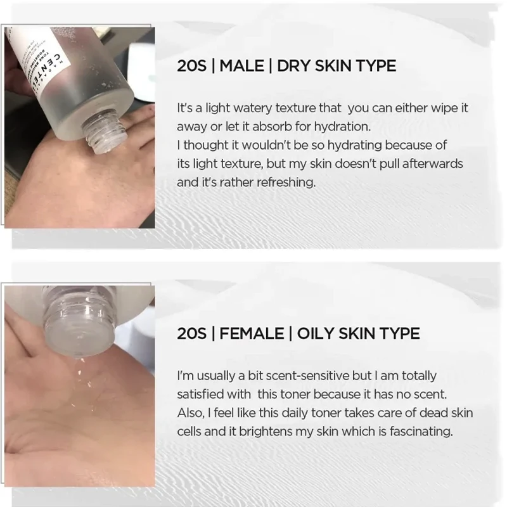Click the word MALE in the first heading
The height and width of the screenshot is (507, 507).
241,66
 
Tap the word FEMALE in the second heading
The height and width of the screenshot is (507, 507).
252,333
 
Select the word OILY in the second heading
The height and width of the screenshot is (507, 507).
315,333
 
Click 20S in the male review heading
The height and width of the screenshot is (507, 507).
191,66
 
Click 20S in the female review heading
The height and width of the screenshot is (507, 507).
191,333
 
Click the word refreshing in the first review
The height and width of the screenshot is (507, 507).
286,183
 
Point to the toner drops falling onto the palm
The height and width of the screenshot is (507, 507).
81,385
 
